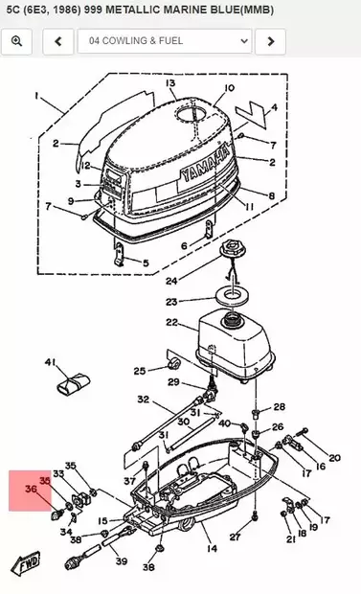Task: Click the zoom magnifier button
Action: [16, 41]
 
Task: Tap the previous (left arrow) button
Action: [58, 41]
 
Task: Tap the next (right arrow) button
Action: [270, 41]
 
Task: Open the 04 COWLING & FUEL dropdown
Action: [165, 41]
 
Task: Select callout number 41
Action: [51, 362]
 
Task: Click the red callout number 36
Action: [31, 489]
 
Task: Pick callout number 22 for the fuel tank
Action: [171, 322]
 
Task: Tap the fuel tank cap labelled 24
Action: [232, 248]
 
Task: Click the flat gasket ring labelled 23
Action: [232, 295]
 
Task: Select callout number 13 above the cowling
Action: [170, 83]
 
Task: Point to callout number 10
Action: [229, 88]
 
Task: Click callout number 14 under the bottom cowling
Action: [213, 548]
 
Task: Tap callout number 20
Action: [334, 458]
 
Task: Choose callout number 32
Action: [144, 400]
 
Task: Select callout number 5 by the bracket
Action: [146, 263]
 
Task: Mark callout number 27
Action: [235, 537]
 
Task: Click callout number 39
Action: [122, 560]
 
